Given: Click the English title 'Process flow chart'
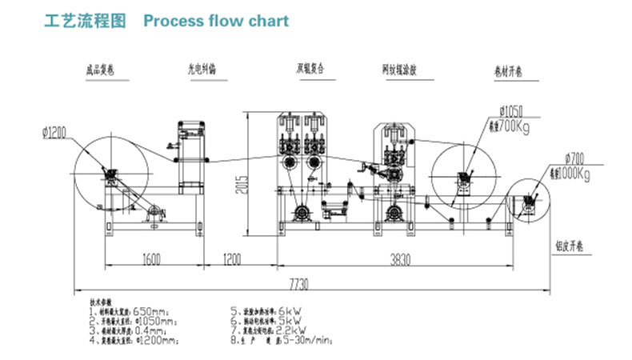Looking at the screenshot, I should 215,21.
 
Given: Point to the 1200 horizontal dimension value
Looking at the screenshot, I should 231,260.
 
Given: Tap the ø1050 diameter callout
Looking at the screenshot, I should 511,111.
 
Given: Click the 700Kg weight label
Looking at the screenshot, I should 515,126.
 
